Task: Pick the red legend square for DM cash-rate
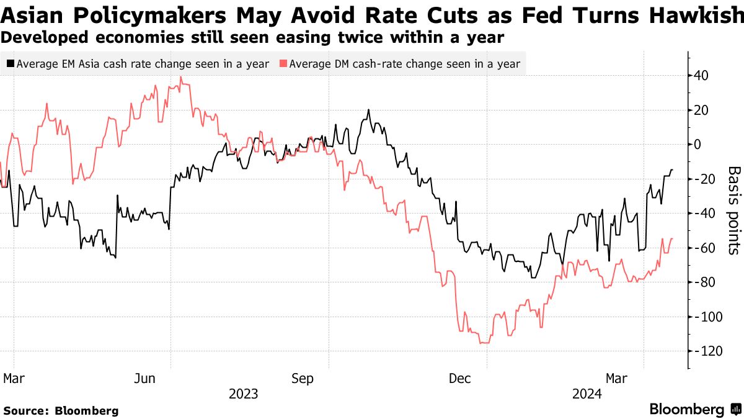(283, 63)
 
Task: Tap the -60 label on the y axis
(705, 248)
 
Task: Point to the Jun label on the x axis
(144, 378)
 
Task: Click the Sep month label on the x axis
(302, 378)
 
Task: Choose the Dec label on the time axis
(459, 378)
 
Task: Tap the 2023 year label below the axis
(243, 394)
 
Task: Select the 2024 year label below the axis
(587, 394)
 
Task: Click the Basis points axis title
(733, 210)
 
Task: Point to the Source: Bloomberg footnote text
(61, 411)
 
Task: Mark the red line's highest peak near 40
(180, 78)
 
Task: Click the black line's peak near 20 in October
(368, 110)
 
